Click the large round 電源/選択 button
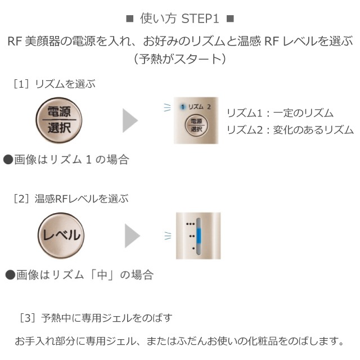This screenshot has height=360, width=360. [x=59, y=120]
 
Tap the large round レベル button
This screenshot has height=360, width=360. [x=61, y=236]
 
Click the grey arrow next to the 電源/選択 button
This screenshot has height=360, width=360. [x=130, y=120]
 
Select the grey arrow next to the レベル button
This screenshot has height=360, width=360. [x=132, y=236]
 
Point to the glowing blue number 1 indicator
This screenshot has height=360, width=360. [x=183, y=107]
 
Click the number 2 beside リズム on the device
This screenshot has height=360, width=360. [x=209, y=107]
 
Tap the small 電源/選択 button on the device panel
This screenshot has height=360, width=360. [x=196, y=125]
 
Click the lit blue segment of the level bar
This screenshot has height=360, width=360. [x=199, y=236]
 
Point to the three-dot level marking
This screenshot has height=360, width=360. [x=191, y=224]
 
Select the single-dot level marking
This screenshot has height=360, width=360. [x=193, y=248]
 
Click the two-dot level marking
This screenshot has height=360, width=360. [x=192, y=236]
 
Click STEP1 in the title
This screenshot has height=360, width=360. [x=200, y=19]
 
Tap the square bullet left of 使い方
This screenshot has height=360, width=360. [x=130, y=19]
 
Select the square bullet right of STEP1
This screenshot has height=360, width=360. [x=230, y=19]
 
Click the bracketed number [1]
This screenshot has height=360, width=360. [x=21, y=84]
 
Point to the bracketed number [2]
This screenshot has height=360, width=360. [x=21, y=199]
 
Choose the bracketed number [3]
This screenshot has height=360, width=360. [x=28, y=318]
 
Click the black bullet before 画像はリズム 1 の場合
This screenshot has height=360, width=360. [x=8, y=160]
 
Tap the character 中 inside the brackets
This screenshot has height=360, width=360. [x=102, y=274]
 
